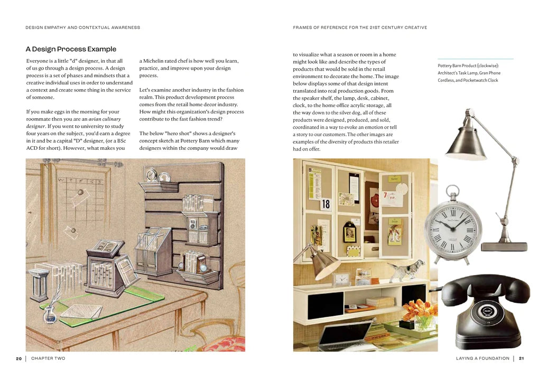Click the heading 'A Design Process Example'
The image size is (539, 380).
[x=71, y=49]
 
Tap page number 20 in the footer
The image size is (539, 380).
[x=19, y=359]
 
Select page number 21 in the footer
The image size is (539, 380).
[x=522, y=358]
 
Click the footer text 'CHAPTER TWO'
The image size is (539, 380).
[x=48, y=358]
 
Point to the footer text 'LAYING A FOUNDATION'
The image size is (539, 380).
[x=482, y=358]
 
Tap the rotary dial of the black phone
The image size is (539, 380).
[x=486, y=311]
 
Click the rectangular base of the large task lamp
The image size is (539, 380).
[x=504, y=246]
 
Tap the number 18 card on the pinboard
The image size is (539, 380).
[x=326, y=204]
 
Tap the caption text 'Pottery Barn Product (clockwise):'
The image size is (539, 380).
[x=468, y=65]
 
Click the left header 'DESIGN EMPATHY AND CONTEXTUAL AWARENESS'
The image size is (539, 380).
[x=83, y=27]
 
